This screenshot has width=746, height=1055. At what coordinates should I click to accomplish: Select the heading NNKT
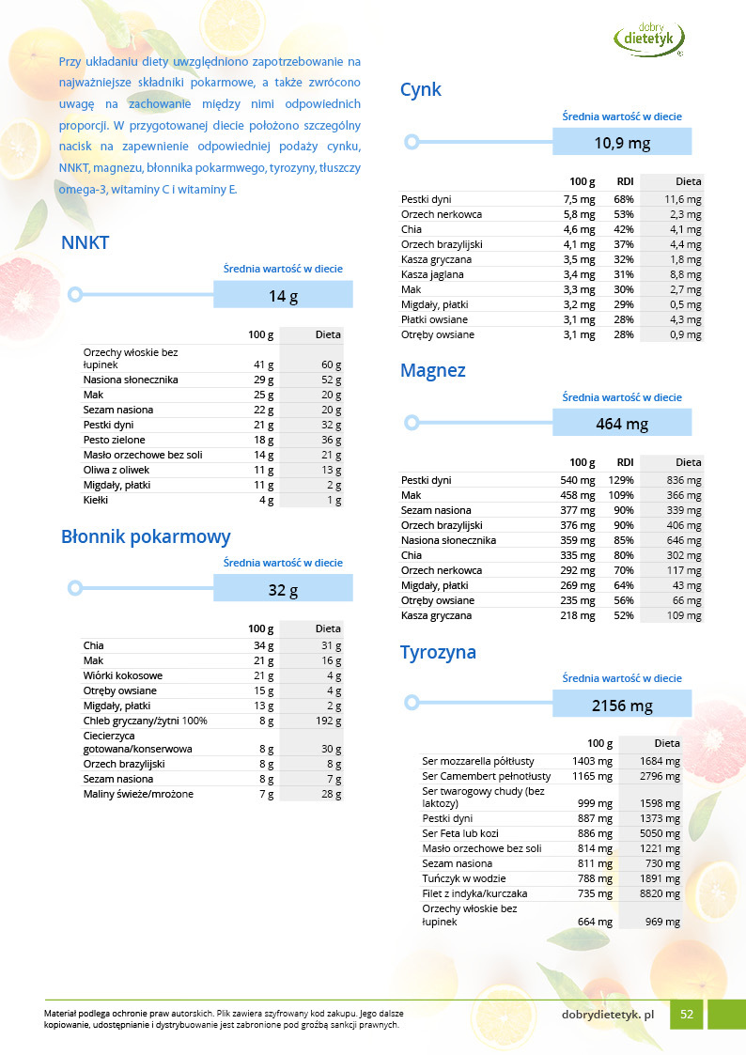tap(85, 243)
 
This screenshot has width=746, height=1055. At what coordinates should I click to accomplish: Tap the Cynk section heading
tap(421, 90)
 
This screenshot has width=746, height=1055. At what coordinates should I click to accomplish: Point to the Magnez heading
tap(433, 371)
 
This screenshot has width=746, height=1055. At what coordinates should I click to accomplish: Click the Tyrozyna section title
tap(438, 652)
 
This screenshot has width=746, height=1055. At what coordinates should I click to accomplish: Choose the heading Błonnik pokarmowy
tap(146, 537)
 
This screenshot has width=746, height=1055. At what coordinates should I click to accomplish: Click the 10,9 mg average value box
tap(622, 143)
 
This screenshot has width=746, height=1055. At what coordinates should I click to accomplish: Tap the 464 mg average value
tap(622, 424)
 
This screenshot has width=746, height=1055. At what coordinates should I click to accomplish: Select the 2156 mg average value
tap(622, 706)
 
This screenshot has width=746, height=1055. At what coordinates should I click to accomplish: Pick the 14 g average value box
tap(283, 296)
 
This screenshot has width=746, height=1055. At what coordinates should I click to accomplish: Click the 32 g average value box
tap(283, 590)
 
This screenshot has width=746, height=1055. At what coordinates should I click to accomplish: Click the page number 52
tap(687, 1015)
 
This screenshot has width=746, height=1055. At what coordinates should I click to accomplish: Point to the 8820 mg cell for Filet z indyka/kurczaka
tap(662, 893)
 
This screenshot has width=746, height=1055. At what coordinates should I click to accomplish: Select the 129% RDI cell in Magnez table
tap(623, 480)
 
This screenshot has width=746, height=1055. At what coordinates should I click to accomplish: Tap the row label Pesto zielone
tap(114, 440)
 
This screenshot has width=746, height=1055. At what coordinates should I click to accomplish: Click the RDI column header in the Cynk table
tap(624, 181)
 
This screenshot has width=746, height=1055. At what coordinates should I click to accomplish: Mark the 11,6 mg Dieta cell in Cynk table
tap(683, 199)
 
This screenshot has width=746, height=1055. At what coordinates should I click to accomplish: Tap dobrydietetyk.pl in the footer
tap(608, 1015)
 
